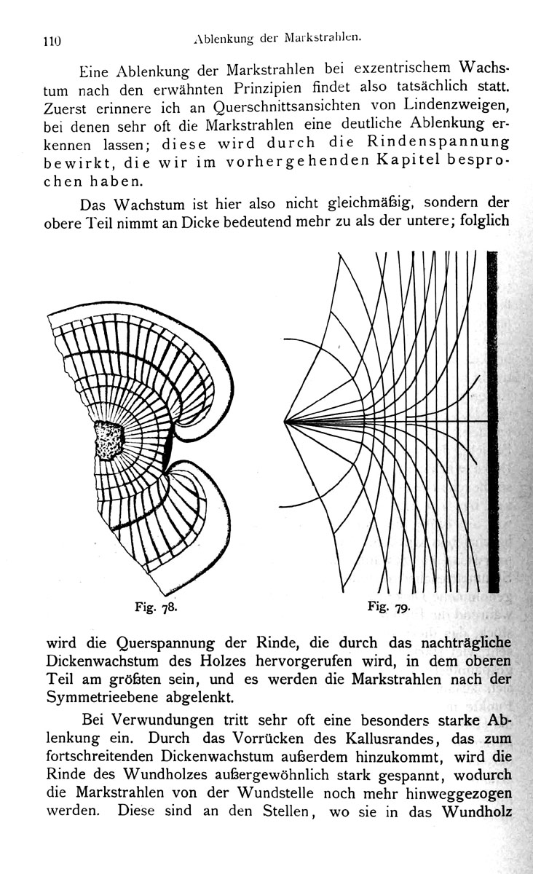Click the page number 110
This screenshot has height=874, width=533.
point(52,41)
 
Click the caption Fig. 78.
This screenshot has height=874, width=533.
point(156,607)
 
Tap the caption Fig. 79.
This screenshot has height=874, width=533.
point(389,606)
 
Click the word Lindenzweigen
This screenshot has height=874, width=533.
point(456,106)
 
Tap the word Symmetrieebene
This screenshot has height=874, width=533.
point(102,698)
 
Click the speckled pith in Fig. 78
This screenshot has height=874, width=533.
point(109,440)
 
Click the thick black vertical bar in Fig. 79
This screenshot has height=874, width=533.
point(493,422)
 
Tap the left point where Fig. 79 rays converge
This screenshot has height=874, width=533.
point(285,422)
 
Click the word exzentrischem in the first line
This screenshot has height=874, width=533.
point(403,68)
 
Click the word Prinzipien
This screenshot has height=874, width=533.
point(268,89)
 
